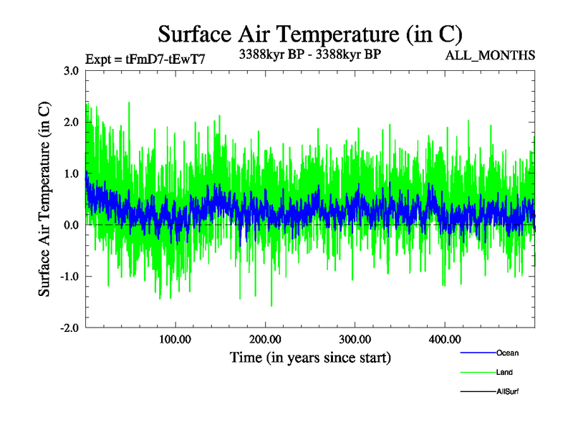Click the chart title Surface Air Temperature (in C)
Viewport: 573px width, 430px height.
310,34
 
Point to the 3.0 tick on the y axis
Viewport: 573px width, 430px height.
71,71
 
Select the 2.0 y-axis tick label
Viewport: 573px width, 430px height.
71,123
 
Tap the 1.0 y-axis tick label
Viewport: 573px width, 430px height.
71,174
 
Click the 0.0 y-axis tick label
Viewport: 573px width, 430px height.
71,225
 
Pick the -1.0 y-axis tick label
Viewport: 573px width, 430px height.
69,277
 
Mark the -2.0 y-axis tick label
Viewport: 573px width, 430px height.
69,328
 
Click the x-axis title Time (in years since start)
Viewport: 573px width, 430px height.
310,357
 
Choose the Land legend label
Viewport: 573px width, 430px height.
504,372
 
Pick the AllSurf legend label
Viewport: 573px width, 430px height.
508,391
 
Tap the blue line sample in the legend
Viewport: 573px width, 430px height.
476,353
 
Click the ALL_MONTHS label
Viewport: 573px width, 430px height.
491,56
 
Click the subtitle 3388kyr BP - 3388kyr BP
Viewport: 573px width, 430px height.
309,54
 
